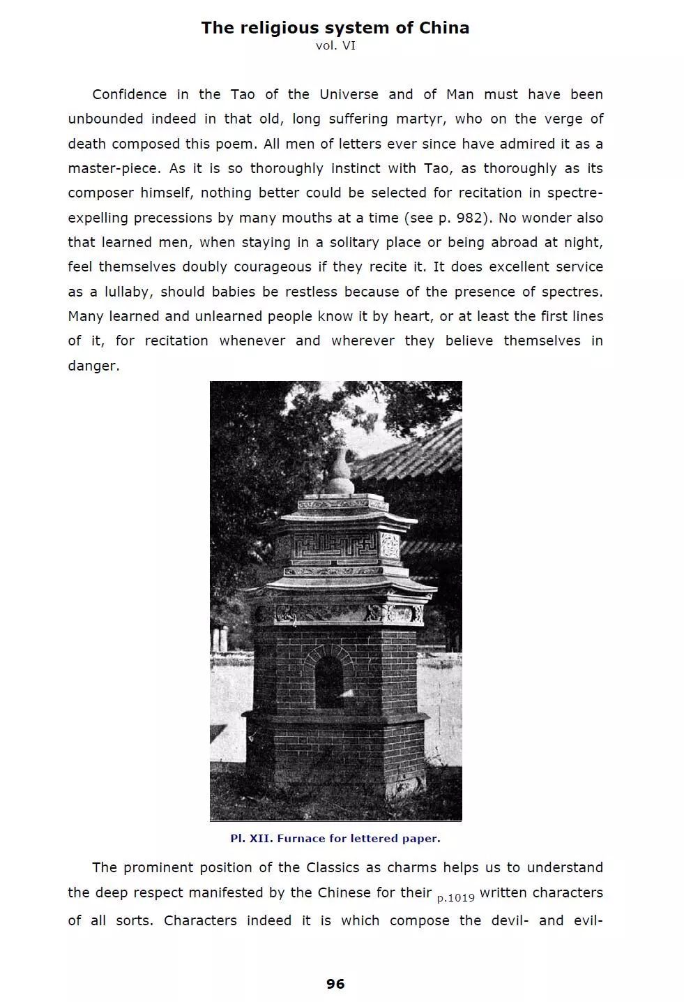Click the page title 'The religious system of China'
point(335,28)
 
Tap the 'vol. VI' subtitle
point(335,46)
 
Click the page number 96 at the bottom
point(335,984)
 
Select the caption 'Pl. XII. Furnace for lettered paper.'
point(335,838)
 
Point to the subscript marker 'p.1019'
point(455,898)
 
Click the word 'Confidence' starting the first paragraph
point(130,94)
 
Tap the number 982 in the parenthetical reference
point(469,218)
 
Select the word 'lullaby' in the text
point(128,292)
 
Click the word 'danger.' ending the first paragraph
point(93,366)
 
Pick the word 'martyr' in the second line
point(420,119)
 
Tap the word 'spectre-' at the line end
point(575,193)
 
